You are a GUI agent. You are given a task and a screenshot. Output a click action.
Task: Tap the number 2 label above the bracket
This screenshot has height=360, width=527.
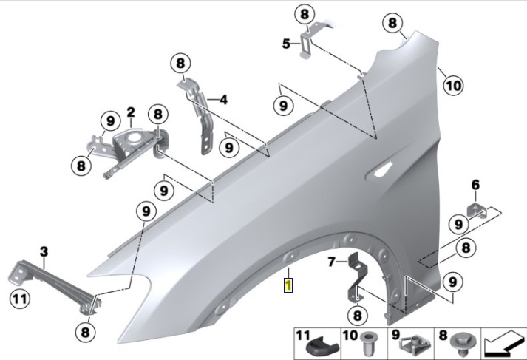(130, 113)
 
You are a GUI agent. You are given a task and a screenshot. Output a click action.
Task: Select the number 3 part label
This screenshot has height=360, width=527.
(44, 253)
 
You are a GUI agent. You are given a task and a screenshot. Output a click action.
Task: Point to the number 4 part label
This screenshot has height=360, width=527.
(222, 98)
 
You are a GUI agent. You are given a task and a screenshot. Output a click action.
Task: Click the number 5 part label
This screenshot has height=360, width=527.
(286, 44)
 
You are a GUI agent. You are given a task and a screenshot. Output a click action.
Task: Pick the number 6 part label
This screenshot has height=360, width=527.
(475, 184)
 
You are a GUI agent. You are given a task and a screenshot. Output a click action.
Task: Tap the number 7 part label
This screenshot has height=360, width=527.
(332, 261)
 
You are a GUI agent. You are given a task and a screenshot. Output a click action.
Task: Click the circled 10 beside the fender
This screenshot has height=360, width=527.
(452, 85)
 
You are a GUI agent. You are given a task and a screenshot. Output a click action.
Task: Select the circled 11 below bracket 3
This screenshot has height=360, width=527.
(18, 299)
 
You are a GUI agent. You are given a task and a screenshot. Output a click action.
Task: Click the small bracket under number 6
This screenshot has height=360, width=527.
(478, 211)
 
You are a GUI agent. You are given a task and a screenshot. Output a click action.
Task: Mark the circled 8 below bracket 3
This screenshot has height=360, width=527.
(86, 332)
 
